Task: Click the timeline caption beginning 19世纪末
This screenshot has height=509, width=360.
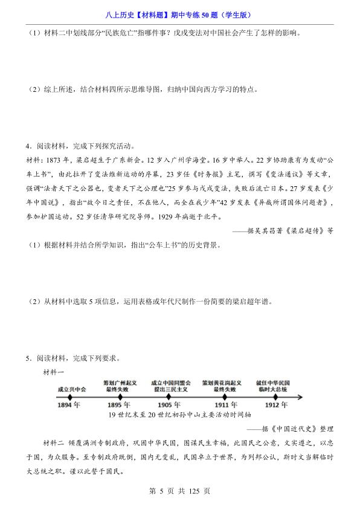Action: pos(172,415)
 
